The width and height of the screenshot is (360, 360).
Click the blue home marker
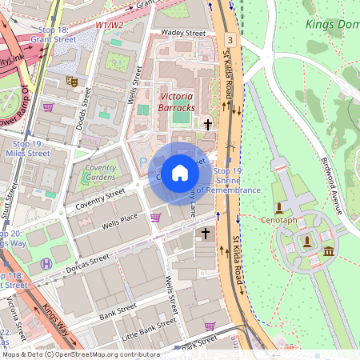point(180,173)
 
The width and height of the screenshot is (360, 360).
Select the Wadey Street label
point(183,34)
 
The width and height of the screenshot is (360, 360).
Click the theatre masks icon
point(72,81)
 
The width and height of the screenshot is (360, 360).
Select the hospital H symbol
point(46,263)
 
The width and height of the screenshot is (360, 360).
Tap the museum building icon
point(329,253)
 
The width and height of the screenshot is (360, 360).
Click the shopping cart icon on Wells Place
point(155,217)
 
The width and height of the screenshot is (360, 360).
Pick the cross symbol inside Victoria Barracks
point(208,124)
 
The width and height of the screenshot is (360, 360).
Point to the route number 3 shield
point(230,39)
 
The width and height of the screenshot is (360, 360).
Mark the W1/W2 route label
point(110,25)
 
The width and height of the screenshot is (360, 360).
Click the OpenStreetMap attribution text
point(80,354)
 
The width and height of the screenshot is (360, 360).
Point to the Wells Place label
point(119,222)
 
